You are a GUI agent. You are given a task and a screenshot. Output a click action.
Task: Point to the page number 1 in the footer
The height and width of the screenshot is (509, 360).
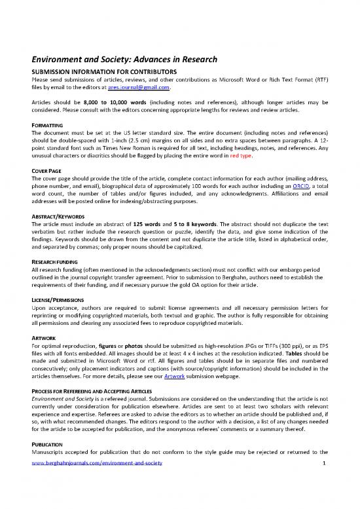pyautogui.click(x=324, y=500)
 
